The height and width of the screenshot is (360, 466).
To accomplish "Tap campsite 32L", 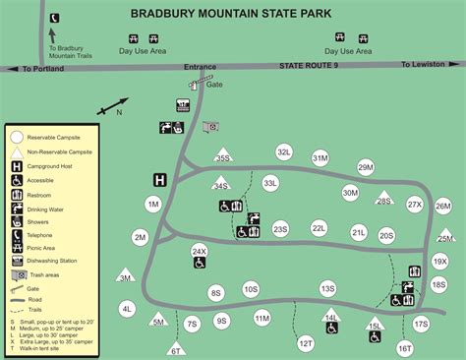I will click(284, 152).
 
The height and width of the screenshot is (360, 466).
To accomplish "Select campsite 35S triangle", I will click(223, 156).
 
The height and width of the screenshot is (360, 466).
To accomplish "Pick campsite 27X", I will click(414, 205).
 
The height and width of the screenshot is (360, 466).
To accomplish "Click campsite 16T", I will click(405, 347).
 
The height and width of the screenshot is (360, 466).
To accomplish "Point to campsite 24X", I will click(200, 251).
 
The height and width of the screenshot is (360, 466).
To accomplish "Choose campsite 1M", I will click(152, 205).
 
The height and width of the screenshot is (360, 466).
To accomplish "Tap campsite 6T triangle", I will click(177, 347).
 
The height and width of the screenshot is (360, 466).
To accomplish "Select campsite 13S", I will click(327, 288).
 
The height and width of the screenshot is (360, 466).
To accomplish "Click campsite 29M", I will click(366, 168).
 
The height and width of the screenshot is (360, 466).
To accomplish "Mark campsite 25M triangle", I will click(446, 236).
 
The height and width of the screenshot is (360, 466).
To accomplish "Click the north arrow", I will click(114, 105).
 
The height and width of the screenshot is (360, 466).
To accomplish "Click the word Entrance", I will click(199, 66).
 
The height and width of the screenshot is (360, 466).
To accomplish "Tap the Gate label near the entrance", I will click(215, 85).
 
